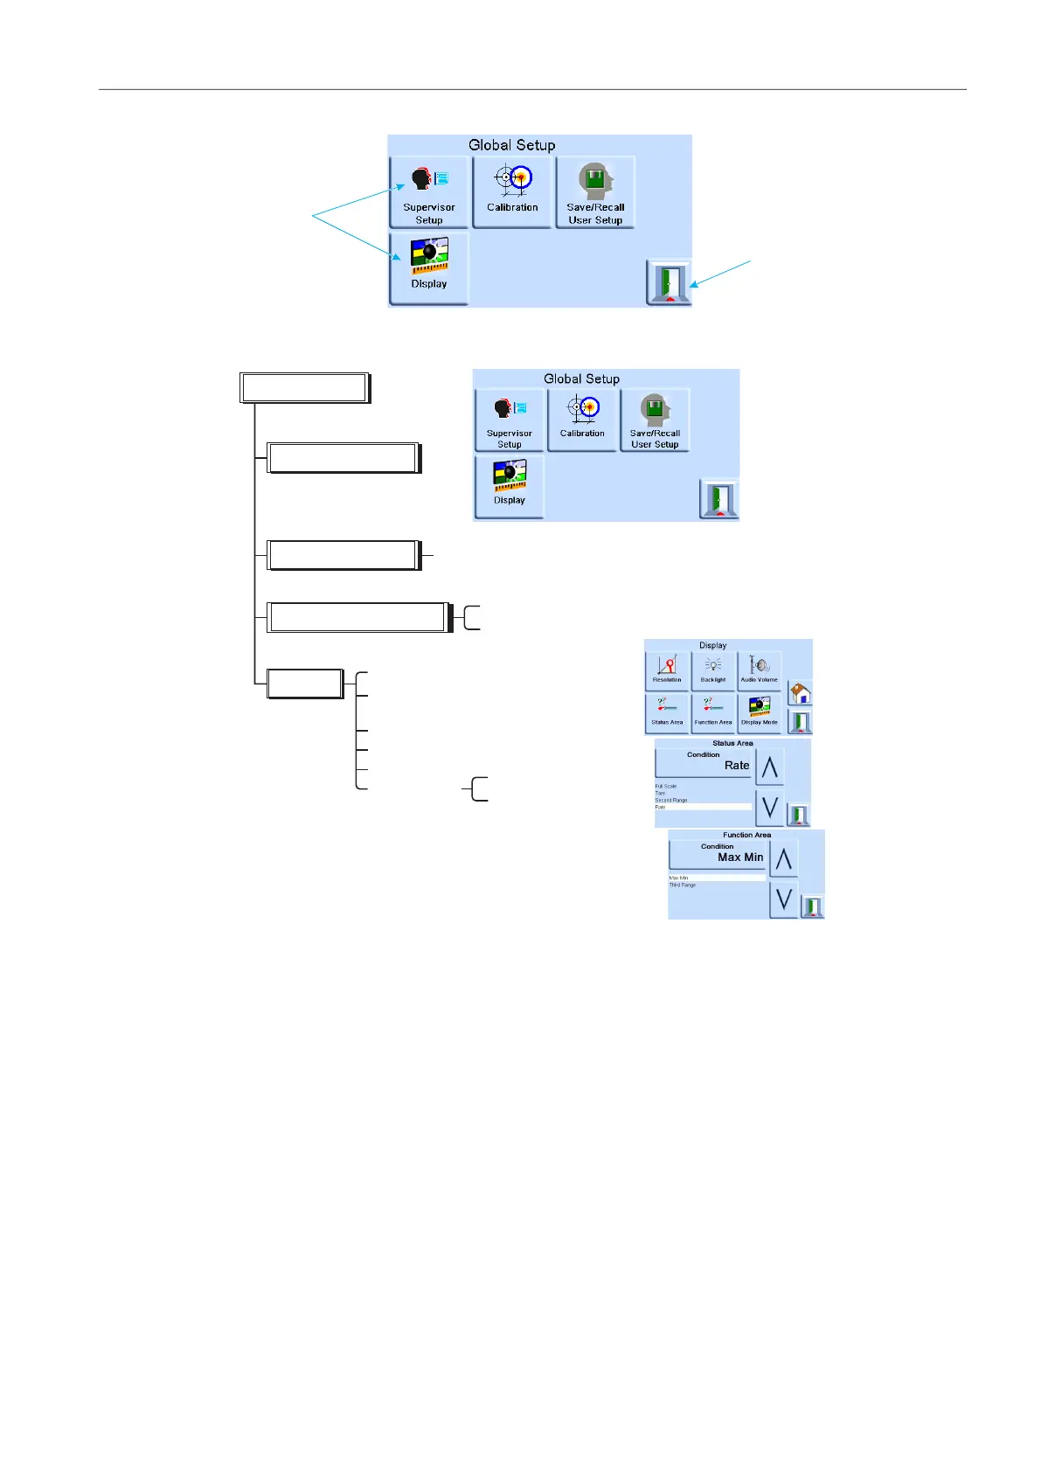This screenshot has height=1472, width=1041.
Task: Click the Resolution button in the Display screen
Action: (667, 670)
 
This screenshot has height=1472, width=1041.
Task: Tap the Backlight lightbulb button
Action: (713, 670)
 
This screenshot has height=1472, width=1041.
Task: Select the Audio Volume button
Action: (759, 670)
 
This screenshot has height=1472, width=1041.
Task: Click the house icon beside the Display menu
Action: (800, 693)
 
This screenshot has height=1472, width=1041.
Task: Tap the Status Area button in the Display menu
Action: (667, 713)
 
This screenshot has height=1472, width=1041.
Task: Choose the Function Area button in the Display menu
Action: (713, 713)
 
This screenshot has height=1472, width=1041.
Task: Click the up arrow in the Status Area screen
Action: (769, 767)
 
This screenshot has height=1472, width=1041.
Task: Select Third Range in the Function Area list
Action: (683, 885)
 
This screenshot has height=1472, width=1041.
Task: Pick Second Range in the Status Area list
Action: (671, 801)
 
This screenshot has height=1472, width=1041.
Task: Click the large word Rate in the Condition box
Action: (737, 766)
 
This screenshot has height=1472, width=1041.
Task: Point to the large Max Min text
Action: (740, 858)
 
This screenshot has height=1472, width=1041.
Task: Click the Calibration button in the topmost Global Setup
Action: (512, 191)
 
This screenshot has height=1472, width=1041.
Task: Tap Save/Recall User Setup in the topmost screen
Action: (595, 191)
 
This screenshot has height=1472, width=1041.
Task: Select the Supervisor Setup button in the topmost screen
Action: (429, 191)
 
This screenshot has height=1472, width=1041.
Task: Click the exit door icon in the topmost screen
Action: (669, 282)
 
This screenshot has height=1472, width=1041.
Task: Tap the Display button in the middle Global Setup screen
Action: (510, 486)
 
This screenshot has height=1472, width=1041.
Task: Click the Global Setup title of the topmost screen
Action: (511, 145)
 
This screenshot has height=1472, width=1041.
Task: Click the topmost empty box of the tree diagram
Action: (304, 388)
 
